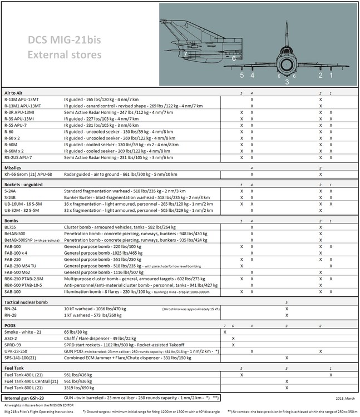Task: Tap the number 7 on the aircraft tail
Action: pos(185,53)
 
